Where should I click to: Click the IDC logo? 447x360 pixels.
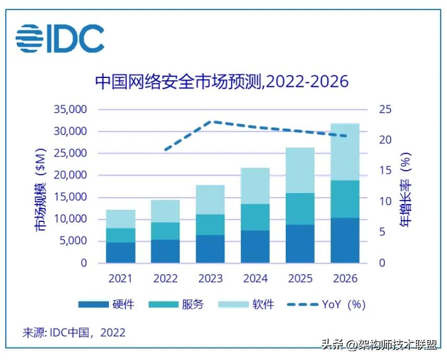[60, 39]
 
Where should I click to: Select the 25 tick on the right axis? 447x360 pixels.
[385, 110]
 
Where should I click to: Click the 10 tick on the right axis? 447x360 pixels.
[385, 201]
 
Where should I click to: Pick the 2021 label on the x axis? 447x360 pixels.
[120, 278]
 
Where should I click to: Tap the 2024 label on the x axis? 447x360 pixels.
[255, 278]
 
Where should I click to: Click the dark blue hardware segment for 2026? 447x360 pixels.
[344, 240]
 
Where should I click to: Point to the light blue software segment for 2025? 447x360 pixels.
[299, 170]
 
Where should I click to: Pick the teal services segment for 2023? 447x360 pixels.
[210, 224]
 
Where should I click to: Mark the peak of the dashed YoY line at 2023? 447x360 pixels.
[210, 121]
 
